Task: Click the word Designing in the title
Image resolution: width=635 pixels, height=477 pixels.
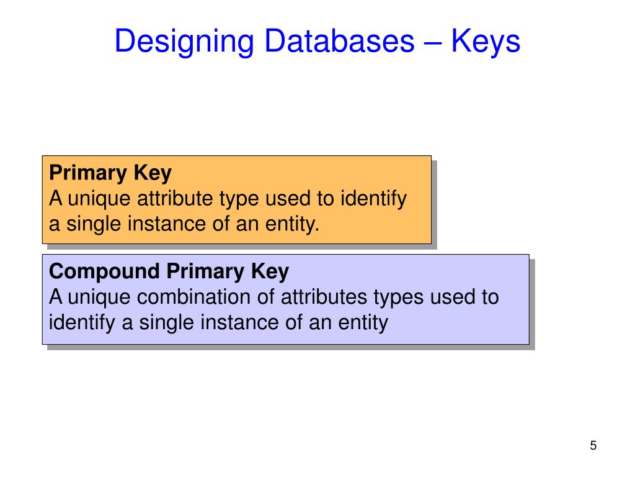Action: point(184,42)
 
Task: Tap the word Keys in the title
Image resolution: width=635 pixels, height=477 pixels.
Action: point(486,42)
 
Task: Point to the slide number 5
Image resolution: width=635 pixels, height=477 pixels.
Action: point(593,445)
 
